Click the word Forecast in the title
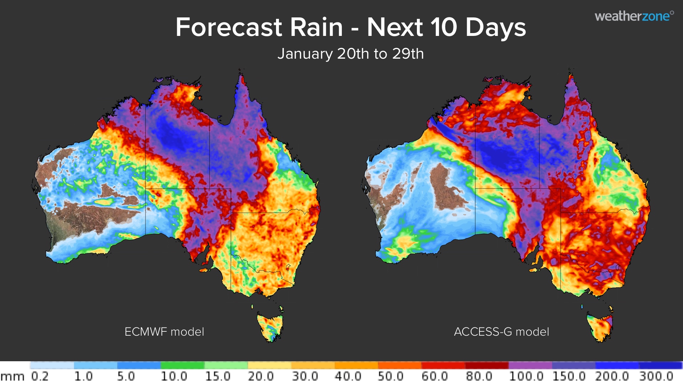coord(229,28)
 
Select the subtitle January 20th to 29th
coord(350,54)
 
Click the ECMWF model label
coord(164,332)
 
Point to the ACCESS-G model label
coord(501,332)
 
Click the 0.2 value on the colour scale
coord(40,376)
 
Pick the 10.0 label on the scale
coord(174,376)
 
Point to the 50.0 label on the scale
coord(391,376)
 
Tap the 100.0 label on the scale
coord(526,376)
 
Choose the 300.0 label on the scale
coord(656,376)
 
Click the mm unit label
coord(12,377)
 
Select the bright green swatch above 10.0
coord(182,365)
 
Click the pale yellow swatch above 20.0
coord(269,365)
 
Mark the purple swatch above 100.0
coord(530,365)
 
